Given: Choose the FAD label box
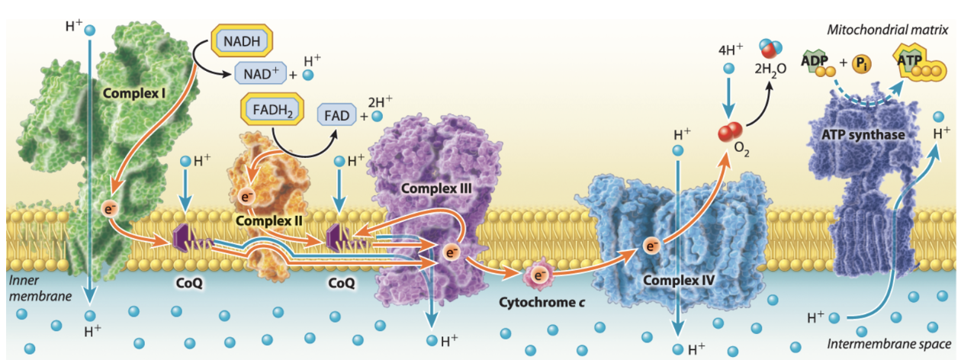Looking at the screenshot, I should point(336,117).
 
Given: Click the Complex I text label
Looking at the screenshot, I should point(137,94).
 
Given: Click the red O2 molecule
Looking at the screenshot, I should point(730,132).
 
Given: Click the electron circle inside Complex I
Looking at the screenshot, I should point(108,207).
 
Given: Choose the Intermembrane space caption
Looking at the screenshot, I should point(889,344).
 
